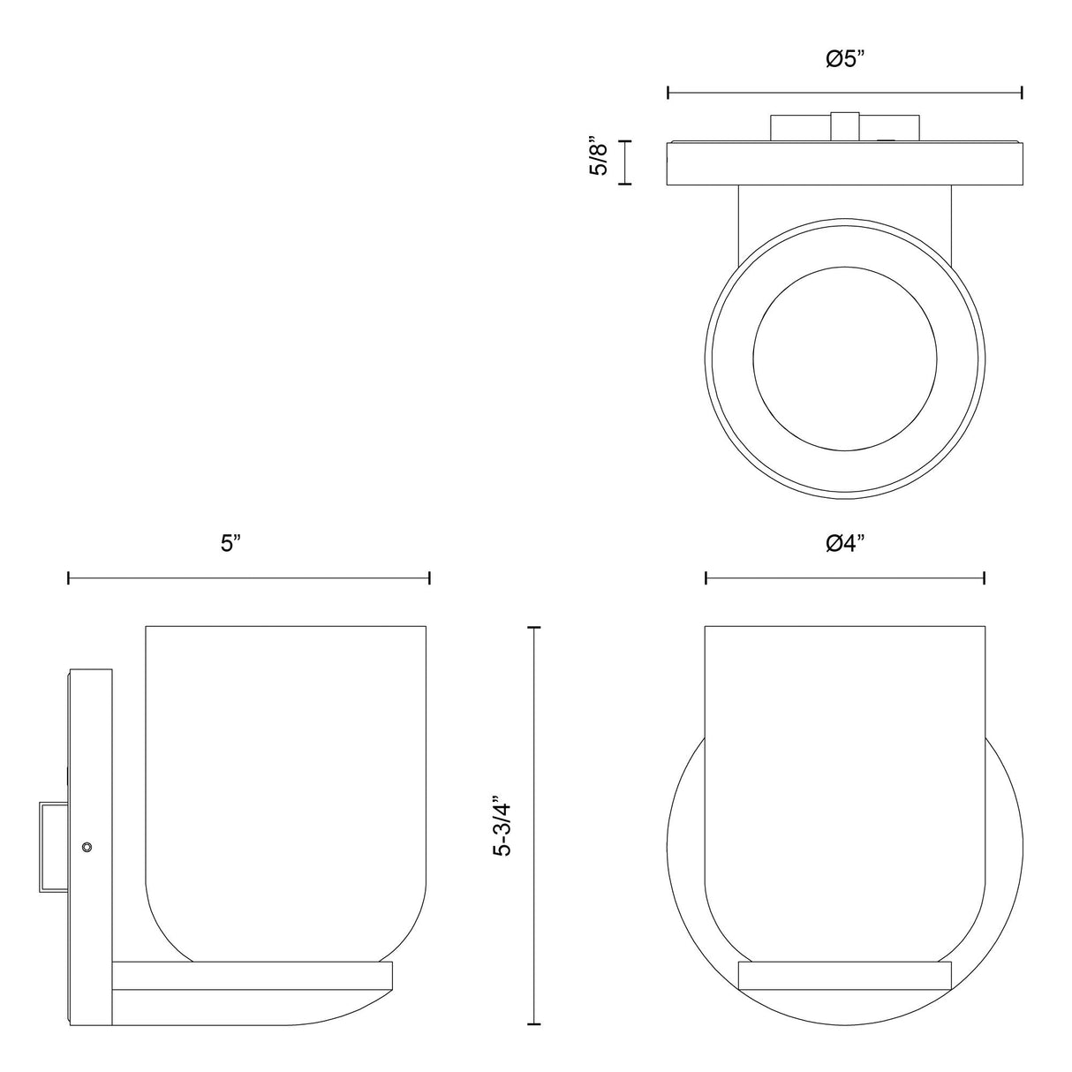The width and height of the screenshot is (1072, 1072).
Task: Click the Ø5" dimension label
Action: pos(845,59)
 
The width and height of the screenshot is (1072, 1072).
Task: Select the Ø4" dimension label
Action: pos(845,544)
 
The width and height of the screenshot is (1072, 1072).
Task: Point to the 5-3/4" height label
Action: pos(504,825)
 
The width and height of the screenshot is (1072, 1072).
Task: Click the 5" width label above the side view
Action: pos(230,544)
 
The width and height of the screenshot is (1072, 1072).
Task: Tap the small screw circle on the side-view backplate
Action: pos(87,847)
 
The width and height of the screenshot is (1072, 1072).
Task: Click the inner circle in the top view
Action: pos(844,359)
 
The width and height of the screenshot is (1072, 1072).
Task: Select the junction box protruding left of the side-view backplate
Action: pos(54,847)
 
